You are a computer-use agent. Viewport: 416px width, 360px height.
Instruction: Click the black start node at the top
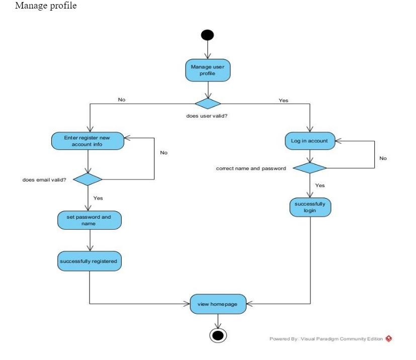tap(207, 35)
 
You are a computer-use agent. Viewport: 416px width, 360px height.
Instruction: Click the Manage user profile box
tap(208, 71)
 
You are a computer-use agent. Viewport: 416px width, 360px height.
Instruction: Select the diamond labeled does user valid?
tap(208, 104)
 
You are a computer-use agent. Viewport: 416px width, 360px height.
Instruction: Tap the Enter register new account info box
tap(88, 141)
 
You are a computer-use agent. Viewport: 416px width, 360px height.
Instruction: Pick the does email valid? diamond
tap(88, 179)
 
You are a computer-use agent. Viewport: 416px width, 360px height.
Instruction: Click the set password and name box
tap(89, 220)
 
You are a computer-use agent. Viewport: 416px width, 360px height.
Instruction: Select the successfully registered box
tap(89, 261)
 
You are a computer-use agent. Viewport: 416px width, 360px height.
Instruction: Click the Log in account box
tap(309, 141)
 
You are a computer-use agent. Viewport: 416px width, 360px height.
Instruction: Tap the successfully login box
tap(309, 207)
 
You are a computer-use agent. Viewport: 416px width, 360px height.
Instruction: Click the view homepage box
tap(217, 304)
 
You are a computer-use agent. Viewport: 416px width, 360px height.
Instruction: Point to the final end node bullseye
tap(218, 336)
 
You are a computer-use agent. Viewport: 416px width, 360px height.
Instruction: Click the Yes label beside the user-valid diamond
tap(284, 101)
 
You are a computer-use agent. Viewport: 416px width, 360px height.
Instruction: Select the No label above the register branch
tap(121, 100)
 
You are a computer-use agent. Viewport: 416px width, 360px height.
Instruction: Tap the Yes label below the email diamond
tap(98, 198)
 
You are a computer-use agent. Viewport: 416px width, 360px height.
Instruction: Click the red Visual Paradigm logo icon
tap(388, 338)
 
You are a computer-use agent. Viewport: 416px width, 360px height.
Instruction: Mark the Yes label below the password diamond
tap(320, 186)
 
